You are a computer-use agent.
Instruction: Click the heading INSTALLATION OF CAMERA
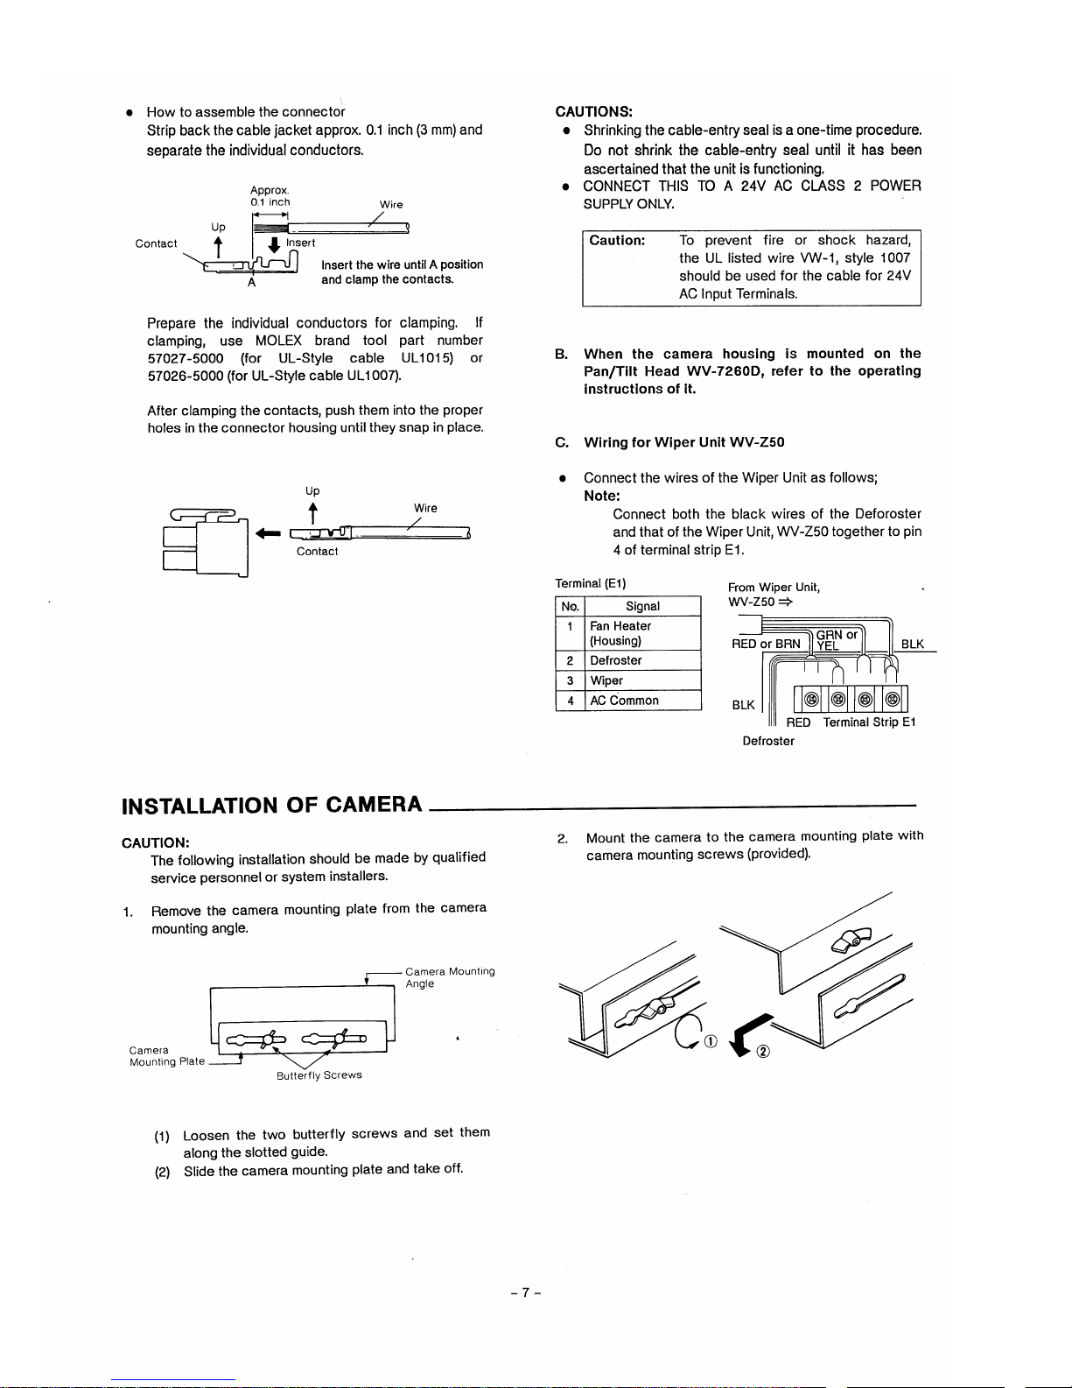click(271, 805)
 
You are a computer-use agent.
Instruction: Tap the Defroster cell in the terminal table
click(616, 660)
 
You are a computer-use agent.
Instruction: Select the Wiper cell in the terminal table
click(606, 680)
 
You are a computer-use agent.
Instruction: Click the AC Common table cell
click(624, 701)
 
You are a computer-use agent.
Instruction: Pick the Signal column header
click(642, 606)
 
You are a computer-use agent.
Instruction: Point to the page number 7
click(526, 1293)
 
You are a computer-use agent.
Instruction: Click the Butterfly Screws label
click(319, 1075)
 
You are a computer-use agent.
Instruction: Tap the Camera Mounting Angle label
click(450, 977)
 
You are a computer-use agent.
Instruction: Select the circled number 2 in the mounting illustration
click(762, 1052)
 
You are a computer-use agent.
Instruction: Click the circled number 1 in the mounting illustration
click(710, 1041)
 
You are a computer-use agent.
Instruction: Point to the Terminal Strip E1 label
click(869, 722)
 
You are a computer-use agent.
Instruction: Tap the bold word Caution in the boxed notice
click(617, 240)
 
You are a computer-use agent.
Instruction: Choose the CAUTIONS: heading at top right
click(594, 111)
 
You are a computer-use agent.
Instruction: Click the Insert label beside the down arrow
click(301, 243)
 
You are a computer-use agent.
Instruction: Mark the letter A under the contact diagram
click(251, 282)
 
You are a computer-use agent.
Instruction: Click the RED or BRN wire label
click(766, 644)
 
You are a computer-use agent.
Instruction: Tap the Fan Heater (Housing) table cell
click(620, 633)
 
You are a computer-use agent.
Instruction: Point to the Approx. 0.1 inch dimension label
click(270, 196)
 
